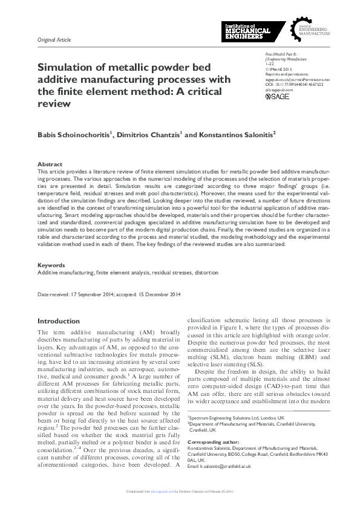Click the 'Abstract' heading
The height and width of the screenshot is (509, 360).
tap(50, 164)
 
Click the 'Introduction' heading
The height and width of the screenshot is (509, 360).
tap(58, 321)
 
